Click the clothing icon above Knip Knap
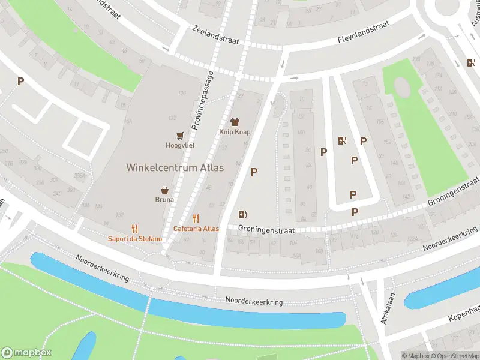(x=235, y=121)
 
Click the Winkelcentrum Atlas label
(x=175, y=167)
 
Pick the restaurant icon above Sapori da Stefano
(x=134, y=229)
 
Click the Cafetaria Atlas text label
(x=196, y=229)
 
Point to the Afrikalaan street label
(x=384, y=306)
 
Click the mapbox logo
(x=26, y=353)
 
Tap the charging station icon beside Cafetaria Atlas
(x=243, y=214)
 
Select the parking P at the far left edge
(x=20, y=81)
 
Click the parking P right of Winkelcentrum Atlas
(x=254, y=172)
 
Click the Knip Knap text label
(x=235, y=132)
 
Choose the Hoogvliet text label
(x=179, y=145)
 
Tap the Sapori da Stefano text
(x=135, y=239)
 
